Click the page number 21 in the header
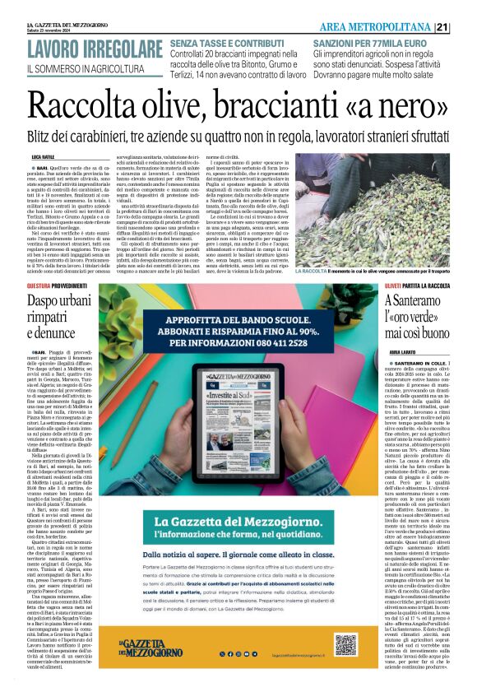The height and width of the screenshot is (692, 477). pos(465,26)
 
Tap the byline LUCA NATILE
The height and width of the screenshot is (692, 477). pos(43,156)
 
